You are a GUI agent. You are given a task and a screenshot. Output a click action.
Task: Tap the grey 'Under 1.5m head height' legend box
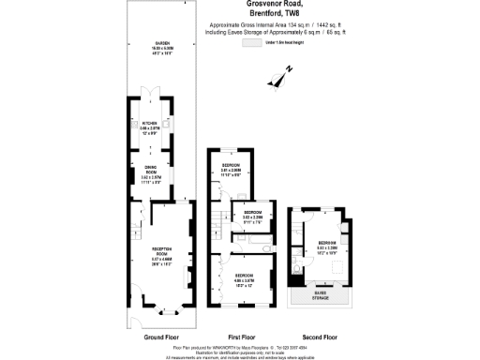pos(252,43)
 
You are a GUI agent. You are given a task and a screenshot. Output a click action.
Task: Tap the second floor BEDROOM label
pos(326,244)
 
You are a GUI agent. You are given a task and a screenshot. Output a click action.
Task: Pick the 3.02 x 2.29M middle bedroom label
pos(253,216)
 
